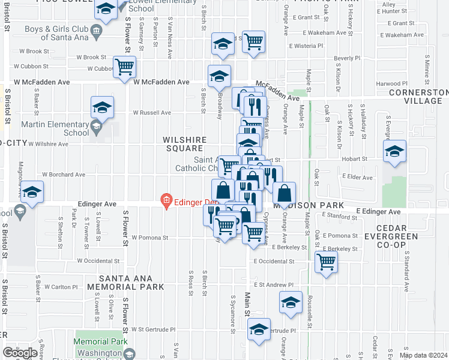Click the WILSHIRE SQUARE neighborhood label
click(184, 144)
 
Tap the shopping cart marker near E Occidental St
click(326, 262)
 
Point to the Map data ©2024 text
click(423, 355)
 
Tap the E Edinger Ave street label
click(378, 212)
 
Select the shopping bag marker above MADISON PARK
click(285, 194)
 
